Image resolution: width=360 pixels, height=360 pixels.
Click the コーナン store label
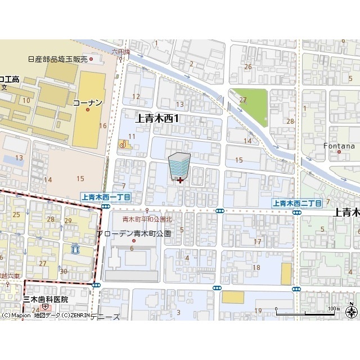coord(87,102)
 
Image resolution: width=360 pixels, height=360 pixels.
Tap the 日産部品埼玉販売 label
coord(58,59)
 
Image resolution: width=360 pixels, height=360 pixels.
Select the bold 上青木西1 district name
coord(158,118)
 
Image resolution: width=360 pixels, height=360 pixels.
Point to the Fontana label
coord(339,146)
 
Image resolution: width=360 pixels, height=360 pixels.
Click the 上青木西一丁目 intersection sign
coord(106,197)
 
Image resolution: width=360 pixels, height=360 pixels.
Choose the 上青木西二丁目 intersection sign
coord(297,203)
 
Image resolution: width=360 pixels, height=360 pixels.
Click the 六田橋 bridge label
coord(120,52)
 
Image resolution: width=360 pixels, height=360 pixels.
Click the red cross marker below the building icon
coord(179,180)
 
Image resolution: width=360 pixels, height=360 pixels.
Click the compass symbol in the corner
coord(352,312)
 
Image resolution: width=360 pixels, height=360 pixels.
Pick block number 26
coord(247,66)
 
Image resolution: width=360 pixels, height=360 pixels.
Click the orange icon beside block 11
coord(122,145)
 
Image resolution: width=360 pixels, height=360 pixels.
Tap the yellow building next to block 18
coord(286,274)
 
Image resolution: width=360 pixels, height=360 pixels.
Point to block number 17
coord(258,242)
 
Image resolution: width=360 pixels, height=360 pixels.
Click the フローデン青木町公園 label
coord(133,233)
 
